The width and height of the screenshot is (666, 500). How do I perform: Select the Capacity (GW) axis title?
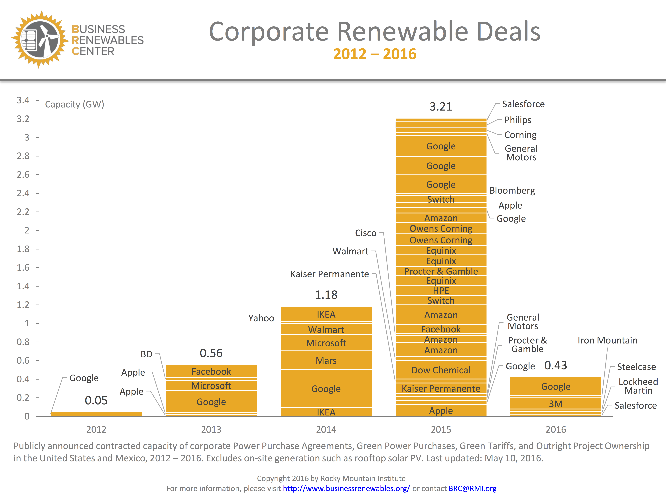click(x=74, y=104)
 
